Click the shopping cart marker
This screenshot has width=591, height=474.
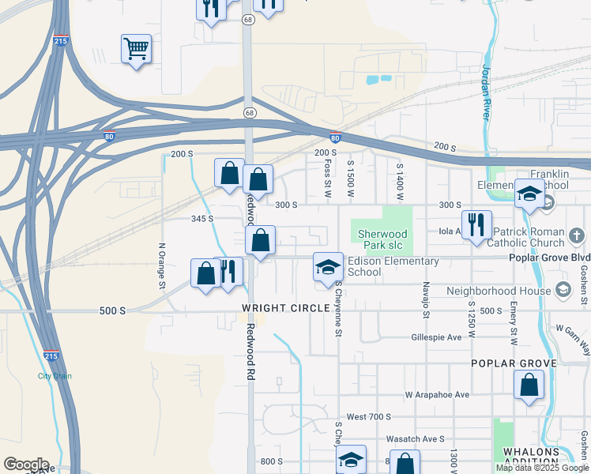(x=136, y=49)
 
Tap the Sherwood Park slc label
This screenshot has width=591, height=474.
(x=382, y=239)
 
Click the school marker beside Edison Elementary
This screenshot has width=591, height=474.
(x=328, y=267)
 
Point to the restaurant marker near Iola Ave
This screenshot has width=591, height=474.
(x=476, y=224)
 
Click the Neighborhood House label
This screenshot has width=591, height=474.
(x=497, y=291)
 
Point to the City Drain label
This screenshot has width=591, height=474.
(x=55, y=376)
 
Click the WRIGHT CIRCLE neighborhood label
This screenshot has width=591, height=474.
(x=285, y=307)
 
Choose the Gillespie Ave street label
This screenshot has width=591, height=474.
(x=436, y=337)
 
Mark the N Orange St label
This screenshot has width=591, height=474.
(x=162, y=265)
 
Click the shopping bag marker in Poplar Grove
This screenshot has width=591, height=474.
(x=529, y=386)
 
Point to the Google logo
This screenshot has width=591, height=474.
(x=25, y=464)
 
